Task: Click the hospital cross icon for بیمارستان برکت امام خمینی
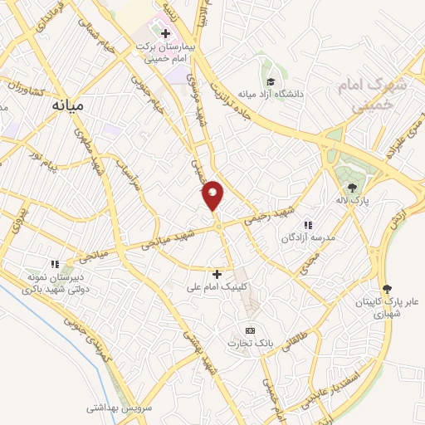pyautogui.click(x=165, y=34)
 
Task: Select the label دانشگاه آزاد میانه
pyautogui.click(x=271, y=95)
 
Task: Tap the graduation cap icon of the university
pyautogui.click(x=271, y=81)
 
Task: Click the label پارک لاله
pyautogui.click(x=352, y=201)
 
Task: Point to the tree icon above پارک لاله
pyautogui.click(x=352, y=188)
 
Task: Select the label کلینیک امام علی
pyautogui.click(x=217, y=287)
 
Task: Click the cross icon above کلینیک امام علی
pyautogui.click(x=217, y=274)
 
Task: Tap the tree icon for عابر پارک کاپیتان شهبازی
pyautogui.click(x=387, y=287)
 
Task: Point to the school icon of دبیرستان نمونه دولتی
pyautogui.click(x=56, y=264)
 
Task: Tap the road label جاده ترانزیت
pyautogui.click(x=232, y=98)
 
